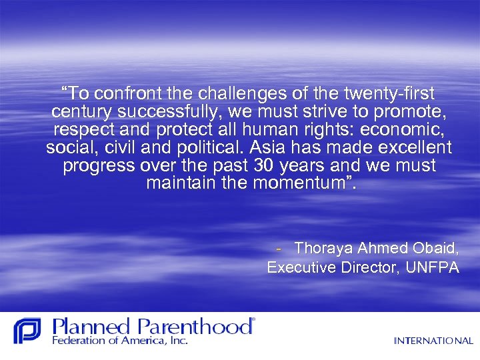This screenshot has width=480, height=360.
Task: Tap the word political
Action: click(x=223, y=147)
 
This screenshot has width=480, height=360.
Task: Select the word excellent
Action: click(x=413, y=147)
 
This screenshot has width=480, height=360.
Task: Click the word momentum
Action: click(x=303, y=182)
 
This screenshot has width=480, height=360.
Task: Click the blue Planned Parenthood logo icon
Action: click(x=27, y=331)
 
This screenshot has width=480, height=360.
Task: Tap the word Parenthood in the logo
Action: click(x=199, y=326)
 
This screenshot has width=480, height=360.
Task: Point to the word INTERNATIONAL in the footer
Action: click(x=433, y=341)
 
